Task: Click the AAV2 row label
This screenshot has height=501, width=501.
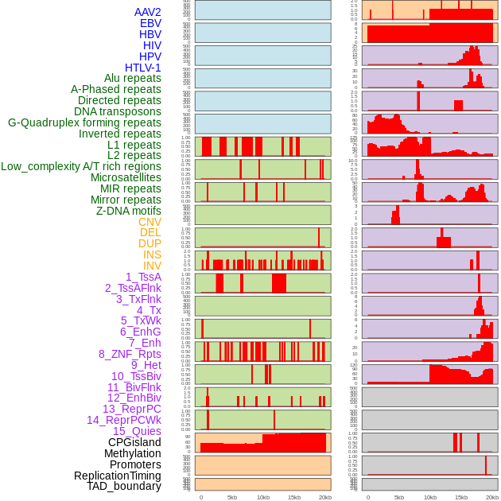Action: (147, 12)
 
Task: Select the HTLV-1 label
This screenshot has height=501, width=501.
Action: (142, 68)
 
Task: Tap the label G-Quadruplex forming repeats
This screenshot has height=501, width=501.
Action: (84, 122)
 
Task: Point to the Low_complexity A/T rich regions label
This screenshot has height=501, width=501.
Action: (81, 166)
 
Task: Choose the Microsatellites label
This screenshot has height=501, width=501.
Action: (126, 177)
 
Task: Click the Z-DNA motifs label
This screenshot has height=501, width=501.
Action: (128, 211)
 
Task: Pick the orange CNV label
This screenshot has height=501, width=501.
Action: (150, 222)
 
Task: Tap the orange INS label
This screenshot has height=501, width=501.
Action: (152, 254)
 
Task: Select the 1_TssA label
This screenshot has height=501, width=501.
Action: (143, 277)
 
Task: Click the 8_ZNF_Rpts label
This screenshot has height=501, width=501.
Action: (130, 354)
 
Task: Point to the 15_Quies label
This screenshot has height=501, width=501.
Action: (136, 431)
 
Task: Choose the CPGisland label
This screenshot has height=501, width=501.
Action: (134, 442)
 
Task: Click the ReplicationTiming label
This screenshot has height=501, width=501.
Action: (117, 476)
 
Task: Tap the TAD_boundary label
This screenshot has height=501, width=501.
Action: (123, 486)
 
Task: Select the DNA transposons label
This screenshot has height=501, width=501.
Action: (118, 111)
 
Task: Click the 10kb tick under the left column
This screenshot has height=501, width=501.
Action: (263, 497)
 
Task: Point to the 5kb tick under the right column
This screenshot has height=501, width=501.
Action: (399, 497)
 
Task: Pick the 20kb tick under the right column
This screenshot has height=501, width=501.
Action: (492, 497)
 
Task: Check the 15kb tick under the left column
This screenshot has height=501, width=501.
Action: (294, 497)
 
